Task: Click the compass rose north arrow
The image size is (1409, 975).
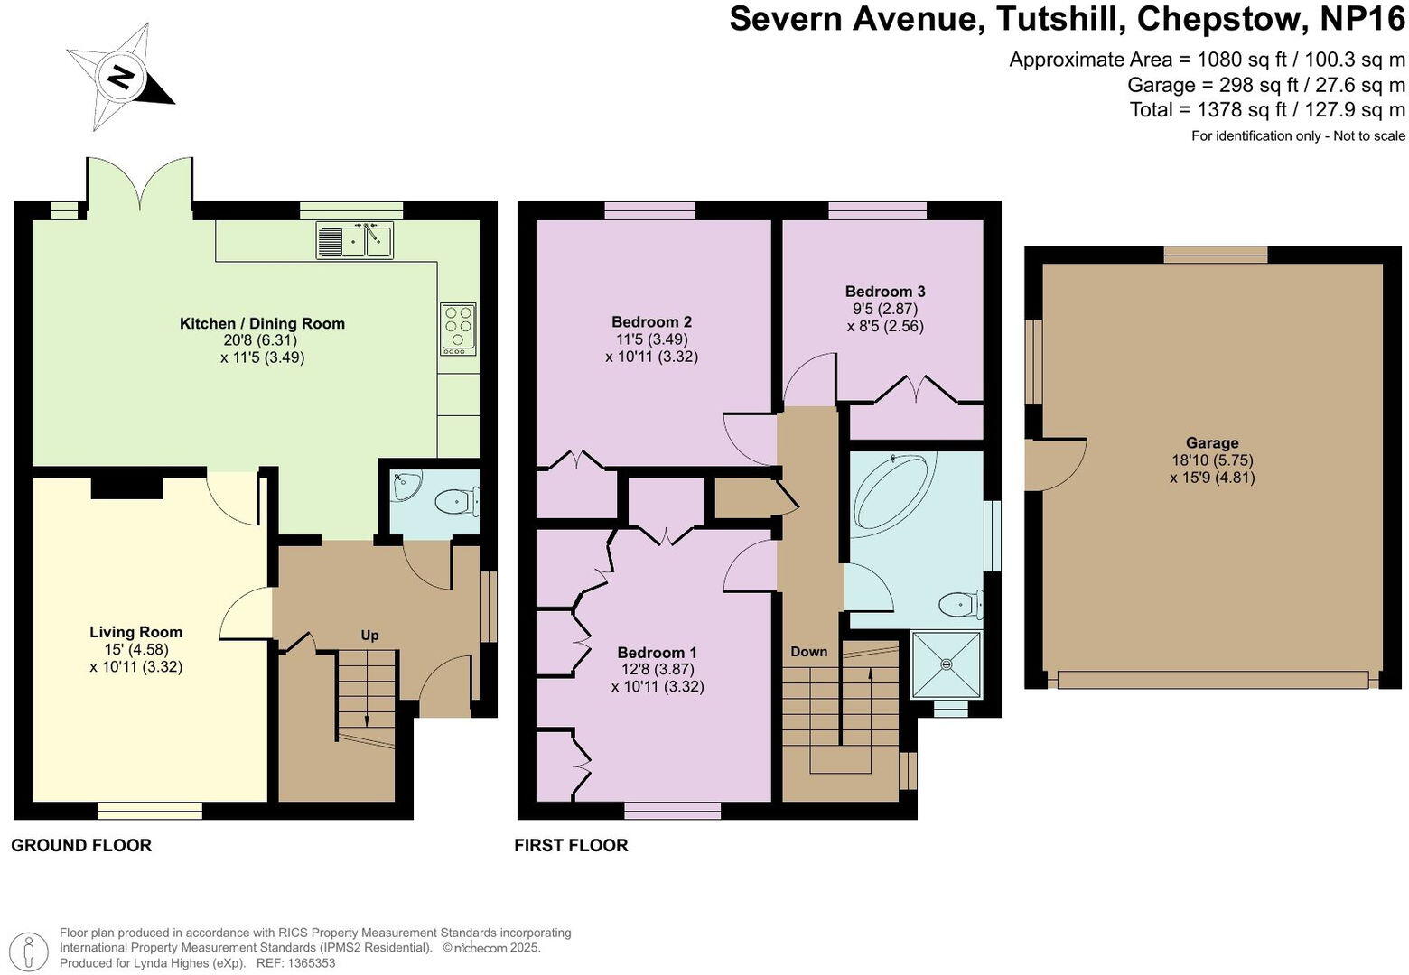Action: click(121, 76)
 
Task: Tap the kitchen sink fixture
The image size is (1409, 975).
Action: click(355, 241)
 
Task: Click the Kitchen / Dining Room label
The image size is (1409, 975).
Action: click(262, 323)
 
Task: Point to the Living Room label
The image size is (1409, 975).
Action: click(135, 632)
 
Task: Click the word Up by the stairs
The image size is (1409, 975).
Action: click(369, 636)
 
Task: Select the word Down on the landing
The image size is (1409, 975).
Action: click(808, 652)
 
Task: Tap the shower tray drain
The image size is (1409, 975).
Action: click(947, 664)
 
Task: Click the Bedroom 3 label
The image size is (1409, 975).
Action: click(884, 292)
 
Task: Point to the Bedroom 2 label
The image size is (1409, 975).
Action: click(651, 322)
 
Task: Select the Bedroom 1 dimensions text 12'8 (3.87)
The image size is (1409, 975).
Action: click(657, 670)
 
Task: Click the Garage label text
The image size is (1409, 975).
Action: click(1211, 443)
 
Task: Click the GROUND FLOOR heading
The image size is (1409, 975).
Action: click(81, 846)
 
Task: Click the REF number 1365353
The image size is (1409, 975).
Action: click(311, 963)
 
